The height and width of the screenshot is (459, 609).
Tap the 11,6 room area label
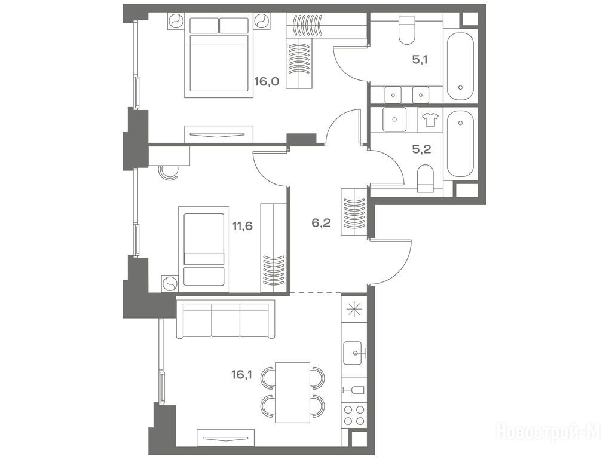tap(243, 226)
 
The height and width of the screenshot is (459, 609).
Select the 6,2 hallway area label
tap(321, 223)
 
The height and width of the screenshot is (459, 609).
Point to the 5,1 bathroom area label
tap(420, 60)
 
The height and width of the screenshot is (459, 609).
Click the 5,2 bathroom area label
tap(422, 149)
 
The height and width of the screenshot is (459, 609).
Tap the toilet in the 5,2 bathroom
tap(426, 179)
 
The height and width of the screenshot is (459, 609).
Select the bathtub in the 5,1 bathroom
tap(460, 67)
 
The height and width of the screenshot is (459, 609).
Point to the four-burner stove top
tap(354, 415)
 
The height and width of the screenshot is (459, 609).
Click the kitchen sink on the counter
tap(355, 353)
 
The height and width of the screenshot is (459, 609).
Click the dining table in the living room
tap(292, 392)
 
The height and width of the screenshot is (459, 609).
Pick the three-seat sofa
tap(226, 319)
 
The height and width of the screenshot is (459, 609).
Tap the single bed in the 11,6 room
tap(204, 249)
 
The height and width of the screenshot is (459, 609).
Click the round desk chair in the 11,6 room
tap(169, 172)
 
